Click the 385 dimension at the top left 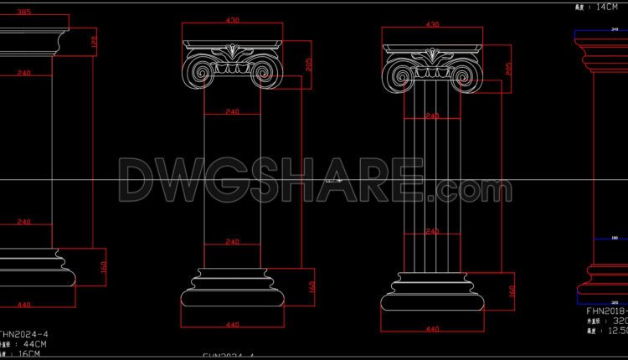click(x=23, y=12)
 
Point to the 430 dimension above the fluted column click(x=433, y=25)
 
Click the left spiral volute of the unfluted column click(x=199, y=72)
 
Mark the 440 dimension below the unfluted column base click(x=233, y=325)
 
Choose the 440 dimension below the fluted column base click(x=433, y=329)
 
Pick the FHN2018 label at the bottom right click(x=601, y=309)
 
